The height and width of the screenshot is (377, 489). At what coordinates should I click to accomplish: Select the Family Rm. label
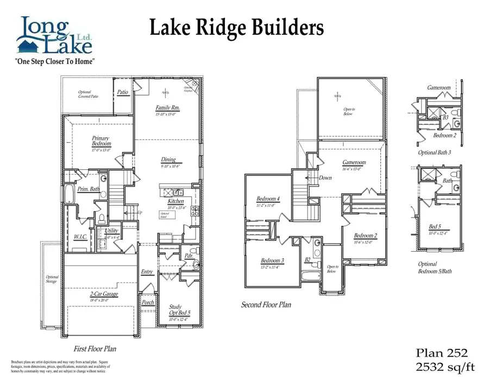tap(167, 108)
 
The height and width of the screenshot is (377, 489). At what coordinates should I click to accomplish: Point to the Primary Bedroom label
tap(101, 141)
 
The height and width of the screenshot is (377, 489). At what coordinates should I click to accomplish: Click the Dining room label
tap(168, 160)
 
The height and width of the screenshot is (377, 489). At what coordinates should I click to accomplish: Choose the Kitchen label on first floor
tap(177, 201)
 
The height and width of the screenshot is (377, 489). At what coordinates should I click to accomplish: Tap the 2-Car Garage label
tap(104, 294)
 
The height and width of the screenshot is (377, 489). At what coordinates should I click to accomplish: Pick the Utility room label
tap(111, 231)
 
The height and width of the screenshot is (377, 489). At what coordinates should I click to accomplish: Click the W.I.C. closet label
tap(80, 237)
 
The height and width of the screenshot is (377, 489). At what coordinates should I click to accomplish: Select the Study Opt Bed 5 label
tap(175, 310)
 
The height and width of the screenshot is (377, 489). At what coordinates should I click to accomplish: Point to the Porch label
tap(148, 303)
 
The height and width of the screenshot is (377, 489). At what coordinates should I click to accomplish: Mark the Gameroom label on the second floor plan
tap(354, 162)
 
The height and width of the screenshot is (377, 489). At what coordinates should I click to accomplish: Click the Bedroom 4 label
tap(268, 199)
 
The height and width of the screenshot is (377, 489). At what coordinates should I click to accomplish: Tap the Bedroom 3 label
tap(272, 260)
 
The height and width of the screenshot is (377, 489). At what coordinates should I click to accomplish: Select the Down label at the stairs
tap(325, 177)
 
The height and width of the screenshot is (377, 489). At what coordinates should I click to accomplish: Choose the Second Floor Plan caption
tap(266, 305)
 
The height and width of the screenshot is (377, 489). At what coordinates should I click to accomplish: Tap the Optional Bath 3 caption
tap(434, 152)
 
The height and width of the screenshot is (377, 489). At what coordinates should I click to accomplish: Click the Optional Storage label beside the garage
tap(52, 279)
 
